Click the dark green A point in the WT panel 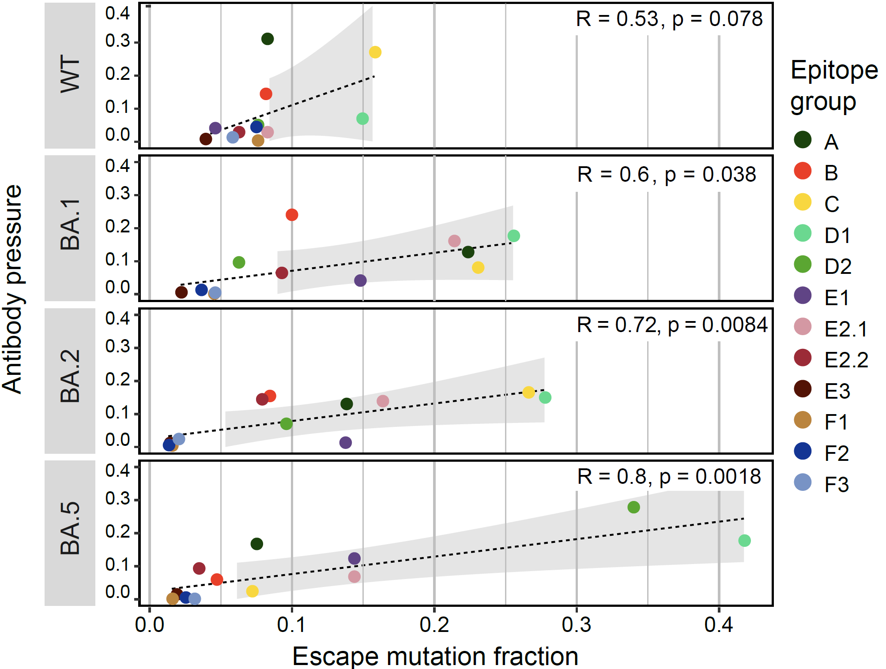tap(267, 39)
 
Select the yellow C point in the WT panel tap(375, 52)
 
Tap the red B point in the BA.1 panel tap(291, 215)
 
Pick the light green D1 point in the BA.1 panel tap(513, 236)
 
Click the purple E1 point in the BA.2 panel tap(345, 442)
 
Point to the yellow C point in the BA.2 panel tap(528, 392)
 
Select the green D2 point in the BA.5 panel tap(633, 507)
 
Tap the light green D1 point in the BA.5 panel tap(744, 540)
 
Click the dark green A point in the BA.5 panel tap(256, 544)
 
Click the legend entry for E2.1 tap(830, 328)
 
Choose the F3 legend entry tap(821, 484)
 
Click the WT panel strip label tap(70, 75)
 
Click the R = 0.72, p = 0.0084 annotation tap(672, 325)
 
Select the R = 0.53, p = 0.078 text tap(669, 19)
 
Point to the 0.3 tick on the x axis tap(577, 624)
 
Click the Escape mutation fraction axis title tap(435, 656)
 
